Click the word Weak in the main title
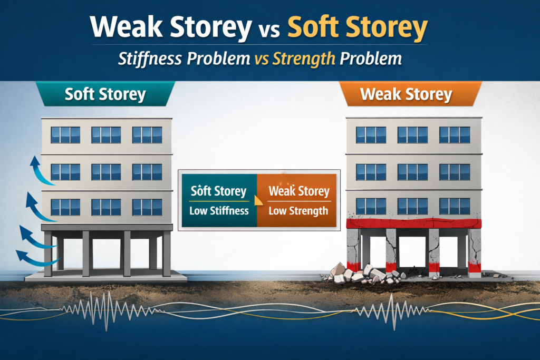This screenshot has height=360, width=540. click(x=126, y=26)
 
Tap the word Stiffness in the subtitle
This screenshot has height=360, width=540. click(x=150, y=59)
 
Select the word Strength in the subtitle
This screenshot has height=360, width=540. click(x=304, y=59)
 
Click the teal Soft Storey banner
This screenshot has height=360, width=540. click(x=105, y=94)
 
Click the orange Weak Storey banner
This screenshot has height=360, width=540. click(x=410, y=94)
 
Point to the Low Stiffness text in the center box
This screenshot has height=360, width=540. click(x=219, y=211)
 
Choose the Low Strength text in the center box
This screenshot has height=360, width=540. click(x=298, y=211)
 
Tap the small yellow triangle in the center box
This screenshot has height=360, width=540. click(x=258, y=201)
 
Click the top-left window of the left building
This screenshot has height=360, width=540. click(x=65, y=135)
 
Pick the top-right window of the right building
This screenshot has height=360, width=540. click(x=455, y=135)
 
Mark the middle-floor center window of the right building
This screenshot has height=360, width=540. click(x=412, y=172)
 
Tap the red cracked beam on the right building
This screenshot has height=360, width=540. click(x=413, y=223)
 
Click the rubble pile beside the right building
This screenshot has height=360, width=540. click(x=363, y=274)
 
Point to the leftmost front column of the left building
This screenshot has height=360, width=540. click(x=48, y=254)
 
